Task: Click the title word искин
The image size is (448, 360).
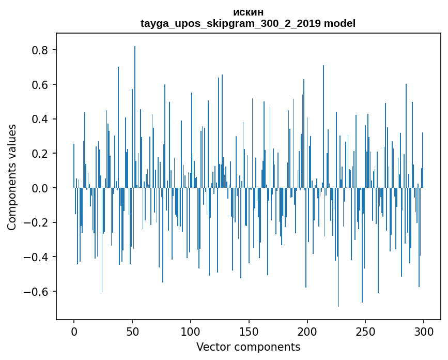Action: coord(248,12)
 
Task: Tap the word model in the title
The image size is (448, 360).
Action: coord(339,24)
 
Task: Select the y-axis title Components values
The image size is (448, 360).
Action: coord(12,177)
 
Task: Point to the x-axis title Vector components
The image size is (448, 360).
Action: coord(248,347)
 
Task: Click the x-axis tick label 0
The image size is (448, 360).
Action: coord(74,331)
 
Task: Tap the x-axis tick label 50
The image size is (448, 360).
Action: coord(132,331)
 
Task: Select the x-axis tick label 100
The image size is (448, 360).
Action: coord(191,331)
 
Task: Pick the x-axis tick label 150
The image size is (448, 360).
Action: coord(249,331)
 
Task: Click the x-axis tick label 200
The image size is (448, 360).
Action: coord(307,331)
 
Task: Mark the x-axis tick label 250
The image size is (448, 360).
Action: coord(365,331)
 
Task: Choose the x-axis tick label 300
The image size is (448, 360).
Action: coord(424,331)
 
